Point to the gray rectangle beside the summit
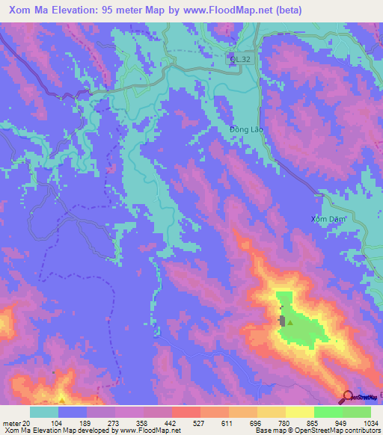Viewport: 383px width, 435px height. click(x=282, y=321)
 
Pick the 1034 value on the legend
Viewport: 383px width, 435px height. click(x=370, y=424)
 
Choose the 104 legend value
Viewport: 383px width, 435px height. click(x=56, y=424)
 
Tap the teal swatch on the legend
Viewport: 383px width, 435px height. click(x=44, y=412)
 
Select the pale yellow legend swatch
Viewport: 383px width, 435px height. click(x=300, y=412)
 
